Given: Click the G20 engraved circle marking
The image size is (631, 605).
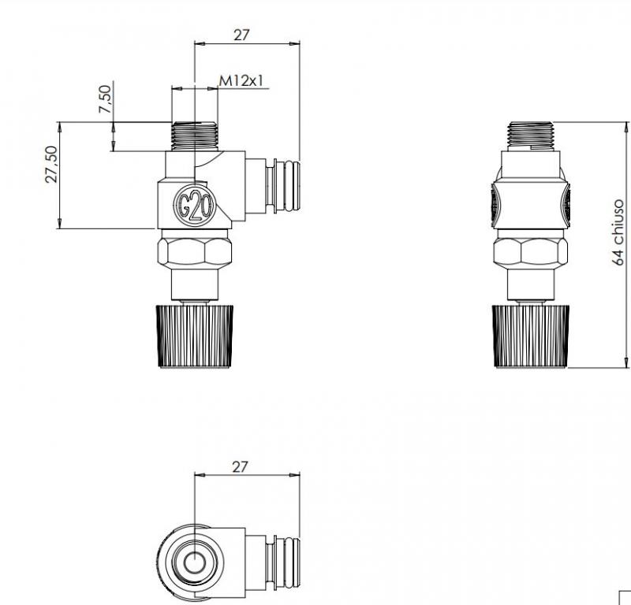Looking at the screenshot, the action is (x=195, y=206).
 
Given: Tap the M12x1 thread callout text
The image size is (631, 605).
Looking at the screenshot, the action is (x=241, y=81).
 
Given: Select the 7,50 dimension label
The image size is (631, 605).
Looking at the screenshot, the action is (x=105, y=99).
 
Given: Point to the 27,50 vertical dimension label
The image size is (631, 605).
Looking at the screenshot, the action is (x=51, y=165).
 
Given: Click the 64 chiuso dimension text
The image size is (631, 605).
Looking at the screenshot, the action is (x=618, y=232).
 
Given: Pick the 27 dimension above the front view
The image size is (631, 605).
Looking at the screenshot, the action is (x=241, y=35).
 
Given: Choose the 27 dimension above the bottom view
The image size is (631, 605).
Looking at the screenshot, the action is (x=240, y=467).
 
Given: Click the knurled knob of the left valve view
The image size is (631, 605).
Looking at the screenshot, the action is (x=194, y=336).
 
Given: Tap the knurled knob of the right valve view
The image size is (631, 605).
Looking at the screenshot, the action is (x=531, y=336).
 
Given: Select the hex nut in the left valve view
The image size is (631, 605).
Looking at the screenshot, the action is (x=195, y=252).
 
